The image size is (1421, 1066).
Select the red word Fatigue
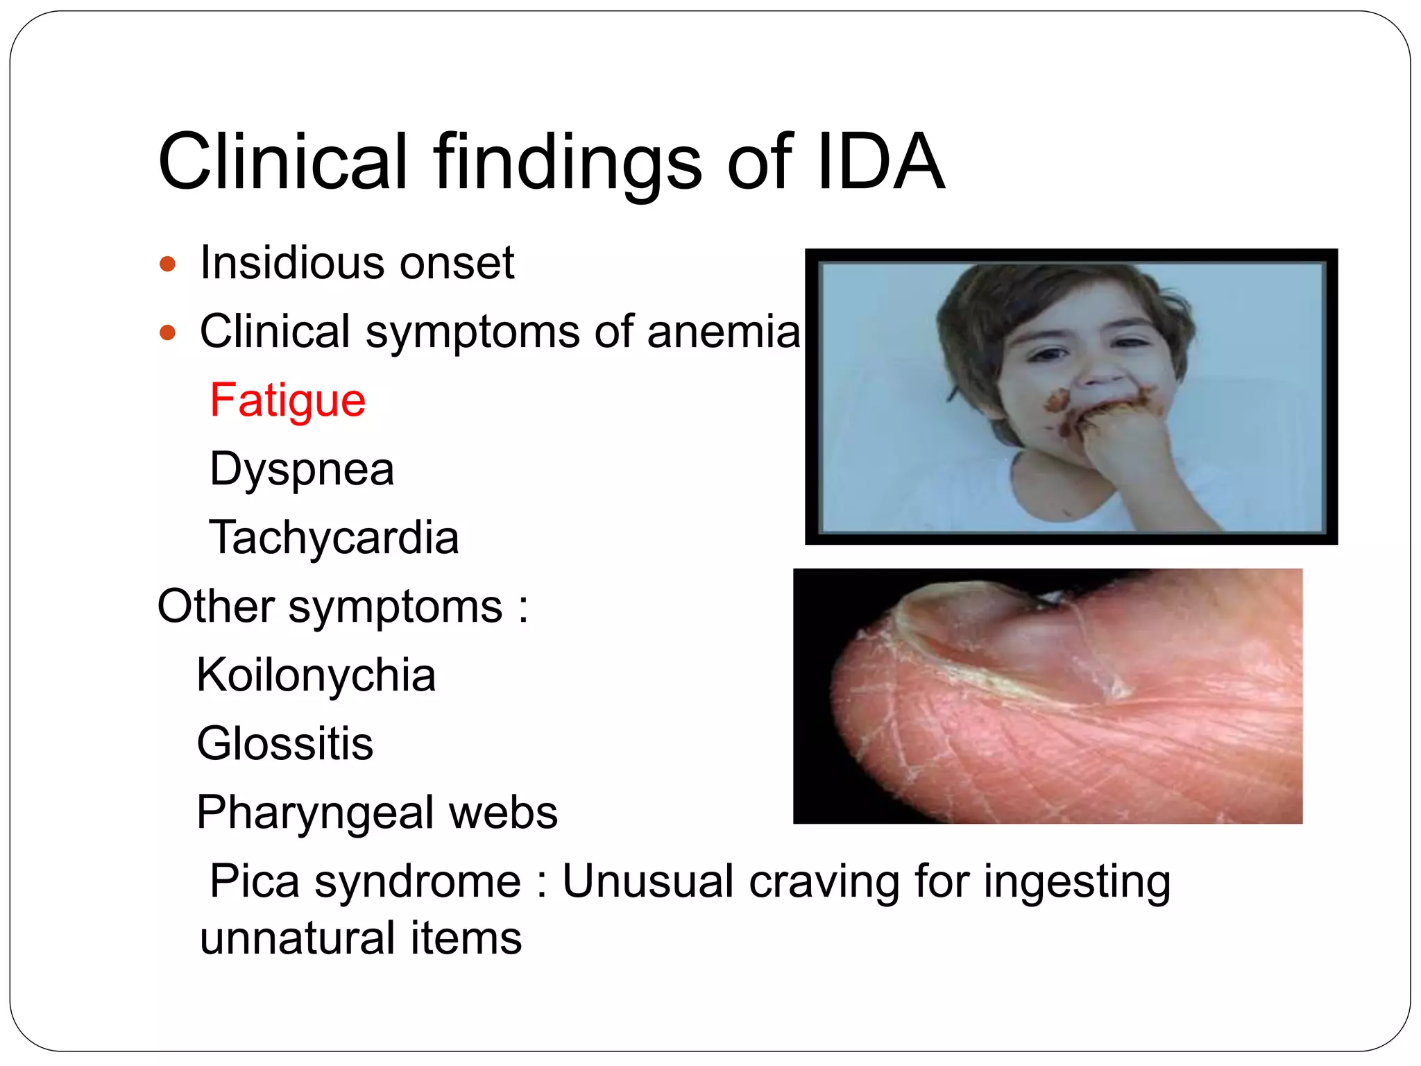coord(288,400)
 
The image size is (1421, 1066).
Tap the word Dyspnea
coord(302,470)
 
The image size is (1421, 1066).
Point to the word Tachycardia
coord(334,537)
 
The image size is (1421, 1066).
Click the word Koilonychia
coord(316,675)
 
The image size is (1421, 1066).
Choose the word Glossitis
coord(285,743)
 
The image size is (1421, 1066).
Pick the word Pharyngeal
coord(315,813)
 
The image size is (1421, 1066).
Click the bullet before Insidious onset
coord(167,264)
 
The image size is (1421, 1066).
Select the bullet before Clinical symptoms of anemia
coord(167,332)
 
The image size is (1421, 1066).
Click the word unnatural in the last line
coord(296,938)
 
